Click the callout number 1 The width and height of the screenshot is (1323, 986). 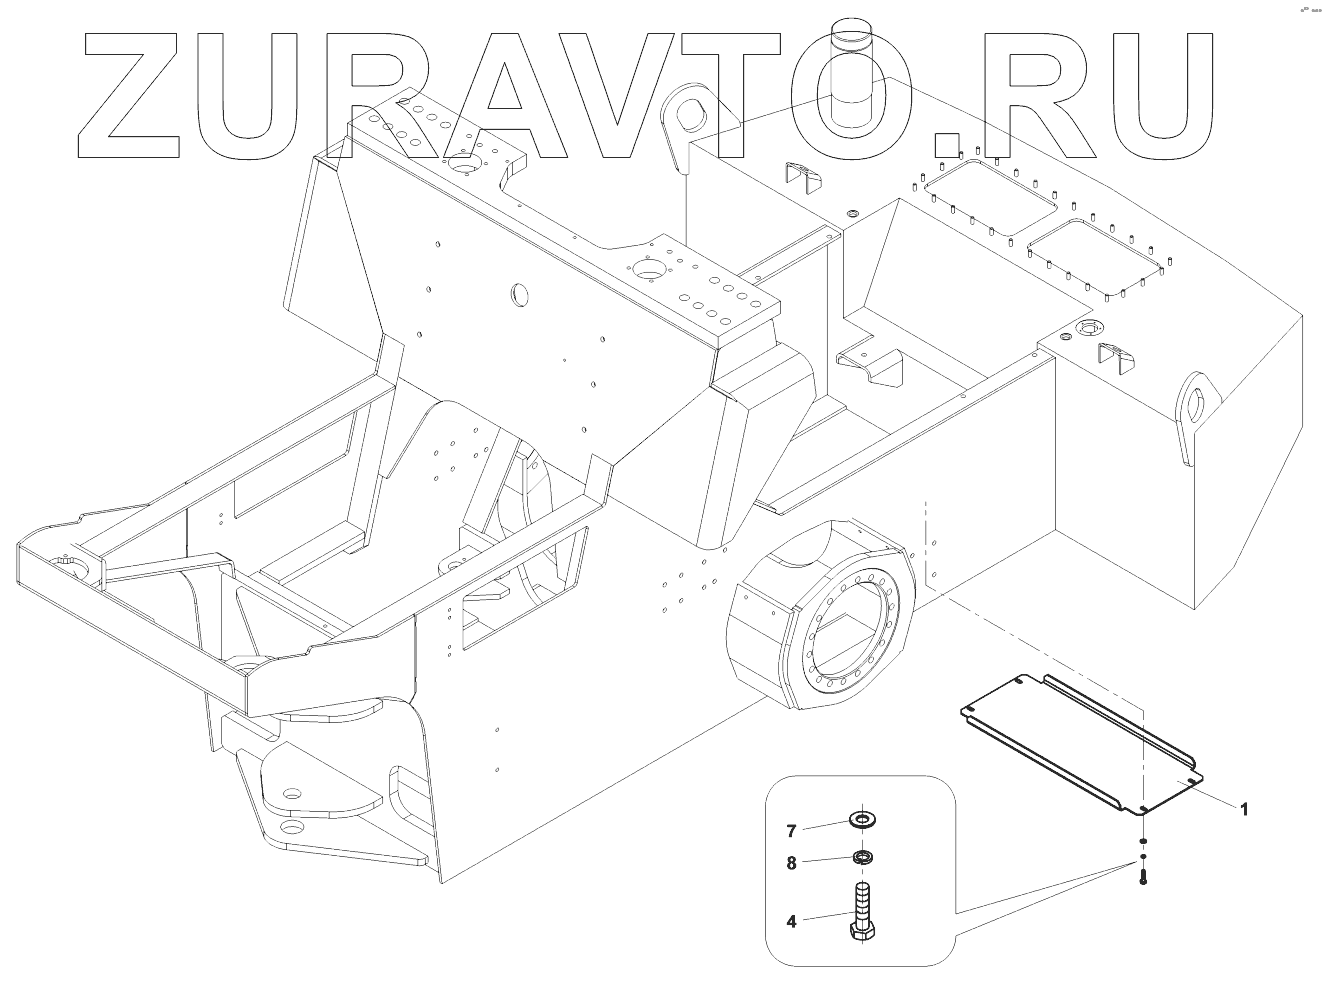(1244, 810)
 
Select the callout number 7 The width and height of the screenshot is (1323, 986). (790, 831)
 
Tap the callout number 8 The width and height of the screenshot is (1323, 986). (790, 864)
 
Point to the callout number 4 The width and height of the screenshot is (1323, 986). (790, 921)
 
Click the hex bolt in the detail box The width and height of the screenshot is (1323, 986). (862, 910)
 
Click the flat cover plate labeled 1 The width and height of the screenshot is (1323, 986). (1080, 740)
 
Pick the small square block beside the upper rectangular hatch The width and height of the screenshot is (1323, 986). (944, 146)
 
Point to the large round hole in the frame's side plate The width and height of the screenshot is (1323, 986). (519, 294)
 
